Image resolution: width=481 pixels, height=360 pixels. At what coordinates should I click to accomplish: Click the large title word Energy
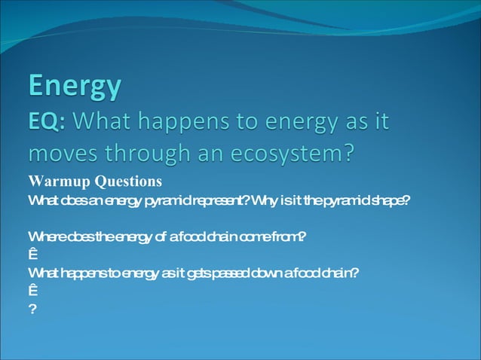click(75, 87)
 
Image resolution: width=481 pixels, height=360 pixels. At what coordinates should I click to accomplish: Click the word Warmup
click(57, 182)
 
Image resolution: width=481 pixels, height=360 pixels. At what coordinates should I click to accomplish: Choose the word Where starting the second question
click(45, 237)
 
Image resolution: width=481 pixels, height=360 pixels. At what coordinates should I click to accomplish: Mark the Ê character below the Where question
click(32, 255)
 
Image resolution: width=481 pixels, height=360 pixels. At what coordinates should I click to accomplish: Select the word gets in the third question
click(197, 273)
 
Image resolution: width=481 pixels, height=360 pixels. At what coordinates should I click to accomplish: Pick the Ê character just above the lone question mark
click(32, 291)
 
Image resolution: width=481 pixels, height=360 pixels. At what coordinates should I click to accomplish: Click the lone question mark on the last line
click(32, 309)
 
